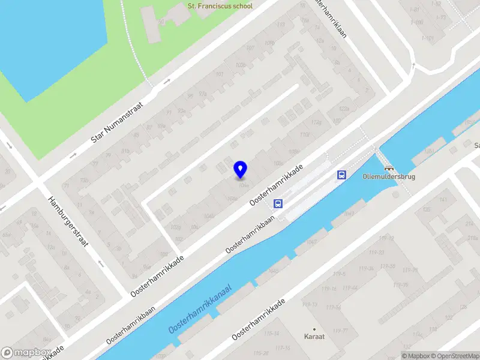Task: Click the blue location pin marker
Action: click(x=241, y=170)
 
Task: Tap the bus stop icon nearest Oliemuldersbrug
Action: click(x=341, y=175)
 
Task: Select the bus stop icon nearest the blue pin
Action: click(x=278, y=203)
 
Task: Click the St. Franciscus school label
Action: click(x=220, y=6)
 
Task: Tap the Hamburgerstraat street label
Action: click(x=69, y=223)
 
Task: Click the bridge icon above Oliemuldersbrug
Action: click(x=389, y=168)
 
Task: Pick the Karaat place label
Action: click(x=314, y=337)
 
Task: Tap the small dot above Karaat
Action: click(x=314, y=329)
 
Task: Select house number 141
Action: click(x=443, y=200)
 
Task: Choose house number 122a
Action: click(x=343, y=109)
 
